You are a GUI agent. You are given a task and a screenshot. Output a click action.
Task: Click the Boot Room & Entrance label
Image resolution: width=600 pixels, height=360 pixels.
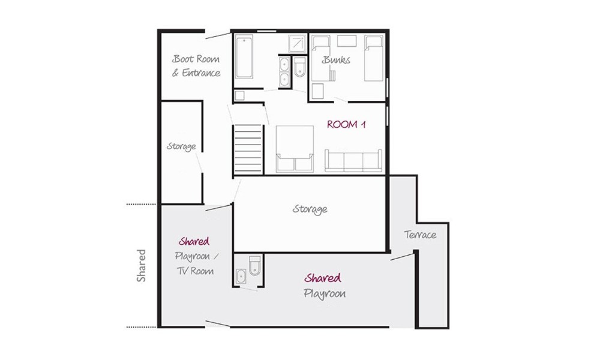[x=196, y=66]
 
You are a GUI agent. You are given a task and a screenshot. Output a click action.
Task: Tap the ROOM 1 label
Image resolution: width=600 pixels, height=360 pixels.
[x=346, y=124]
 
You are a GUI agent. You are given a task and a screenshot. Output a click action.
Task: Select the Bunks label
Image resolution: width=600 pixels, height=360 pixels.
[x=337, y=59]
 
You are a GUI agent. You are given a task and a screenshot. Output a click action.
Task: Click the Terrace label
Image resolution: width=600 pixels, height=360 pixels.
[x=420, y=235]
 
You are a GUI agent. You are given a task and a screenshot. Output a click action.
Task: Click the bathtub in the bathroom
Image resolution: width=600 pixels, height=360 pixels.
[x=244, y=56]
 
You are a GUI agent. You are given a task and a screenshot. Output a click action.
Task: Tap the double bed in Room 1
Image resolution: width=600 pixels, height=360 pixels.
[x=295, y=149]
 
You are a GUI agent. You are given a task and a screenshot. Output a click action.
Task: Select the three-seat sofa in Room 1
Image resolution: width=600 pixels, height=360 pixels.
[x=353, y=160]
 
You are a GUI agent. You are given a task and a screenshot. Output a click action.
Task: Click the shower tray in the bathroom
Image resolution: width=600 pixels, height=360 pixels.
[x=298, y=43]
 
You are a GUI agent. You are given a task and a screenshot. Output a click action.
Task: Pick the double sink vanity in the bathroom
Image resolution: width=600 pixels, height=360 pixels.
[x=284, y=72]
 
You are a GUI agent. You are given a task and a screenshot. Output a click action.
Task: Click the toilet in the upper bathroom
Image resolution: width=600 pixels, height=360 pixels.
[x=299, y=67]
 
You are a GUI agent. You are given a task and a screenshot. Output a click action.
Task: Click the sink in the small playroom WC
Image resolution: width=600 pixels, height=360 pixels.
[x=241, y=276]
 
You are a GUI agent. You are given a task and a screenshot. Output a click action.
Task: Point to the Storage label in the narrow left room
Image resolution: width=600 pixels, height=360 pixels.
[x=181, y=146]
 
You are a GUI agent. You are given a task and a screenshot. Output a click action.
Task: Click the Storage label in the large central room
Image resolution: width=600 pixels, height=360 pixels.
[x=310, y=209]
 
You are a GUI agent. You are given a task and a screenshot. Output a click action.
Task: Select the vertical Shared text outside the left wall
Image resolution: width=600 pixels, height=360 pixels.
[x=141, y=266]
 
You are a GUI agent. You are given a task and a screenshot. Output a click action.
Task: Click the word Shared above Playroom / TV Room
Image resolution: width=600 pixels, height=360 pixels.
[x=194, y=241]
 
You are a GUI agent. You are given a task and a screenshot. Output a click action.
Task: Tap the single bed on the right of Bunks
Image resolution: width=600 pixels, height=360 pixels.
[x=373, y=58]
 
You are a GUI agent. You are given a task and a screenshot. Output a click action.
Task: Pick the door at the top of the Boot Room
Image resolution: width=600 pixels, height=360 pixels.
[x=218, y=35]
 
